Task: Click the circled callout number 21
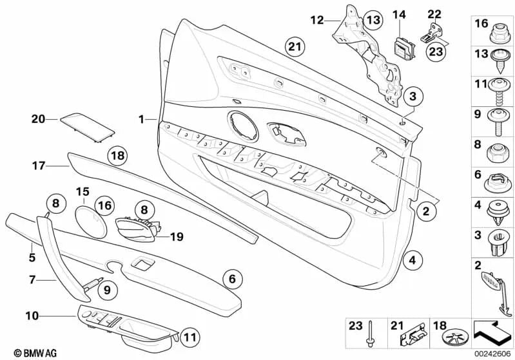coord(294,46)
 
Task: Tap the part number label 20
coord(38,118)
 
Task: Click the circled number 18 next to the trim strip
coord(117,156)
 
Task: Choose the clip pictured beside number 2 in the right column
coord(493,281)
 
